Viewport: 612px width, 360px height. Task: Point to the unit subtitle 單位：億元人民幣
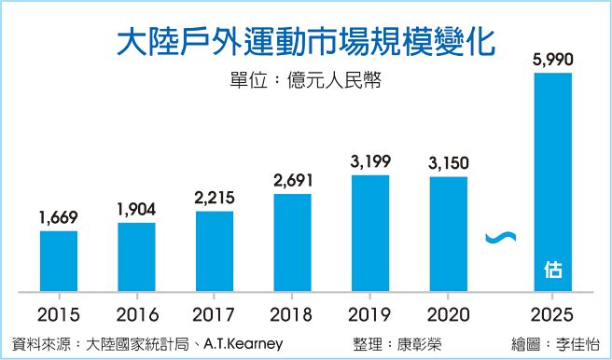(x=305, y=79)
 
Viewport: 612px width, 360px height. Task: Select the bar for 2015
(x=59, y=260)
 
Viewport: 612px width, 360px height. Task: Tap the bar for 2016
(x=136, y=256)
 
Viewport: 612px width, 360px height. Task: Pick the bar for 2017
(x=215, y=250)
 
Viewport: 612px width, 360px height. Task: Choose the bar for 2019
(x=370, y=232)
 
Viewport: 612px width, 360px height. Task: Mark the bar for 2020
(x=449, y=233)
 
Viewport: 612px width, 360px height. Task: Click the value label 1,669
(x=59, y=217)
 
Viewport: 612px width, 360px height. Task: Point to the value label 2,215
(x=215, y=197)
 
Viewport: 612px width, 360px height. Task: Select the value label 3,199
(x=370, y=163)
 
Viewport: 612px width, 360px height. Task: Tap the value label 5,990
(x=552, y=61)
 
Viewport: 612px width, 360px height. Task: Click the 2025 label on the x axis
(x=552, y=313)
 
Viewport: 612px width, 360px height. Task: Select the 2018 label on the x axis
(x=293, y=313)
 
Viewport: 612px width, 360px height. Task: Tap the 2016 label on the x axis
(x=136, y=313)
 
